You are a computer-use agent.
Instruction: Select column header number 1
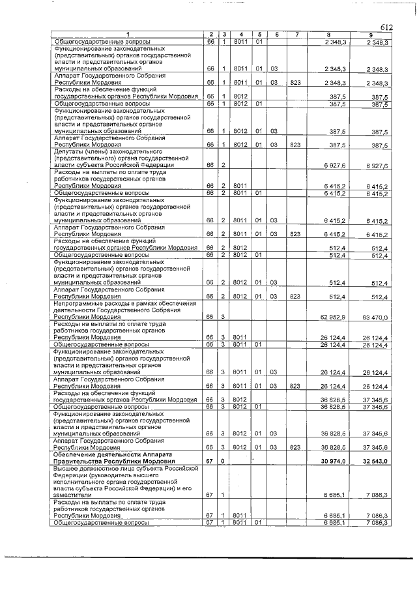pyautogui.click(x=128, y=35)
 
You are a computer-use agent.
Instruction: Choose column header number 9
pyautogui.click(x=370, y=35)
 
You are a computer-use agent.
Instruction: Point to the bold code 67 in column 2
pyautogui.click(x=210, y=461)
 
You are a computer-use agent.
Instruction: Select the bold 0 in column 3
pyautogui.click(x=223, y=461)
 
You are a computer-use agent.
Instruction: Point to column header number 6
pyautogui.click(x=276, y=35)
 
